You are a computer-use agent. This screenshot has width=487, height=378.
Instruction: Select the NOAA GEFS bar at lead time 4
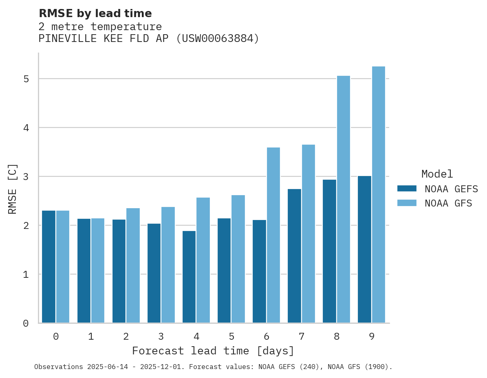[189, 277]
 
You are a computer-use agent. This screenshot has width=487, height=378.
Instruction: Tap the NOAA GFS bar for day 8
[344, 199]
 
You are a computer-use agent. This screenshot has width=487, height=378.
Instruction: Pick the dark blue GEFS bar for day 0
[48, 267]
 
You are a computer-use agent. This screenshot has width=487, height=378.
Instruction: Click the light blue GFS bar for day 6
[273, 235]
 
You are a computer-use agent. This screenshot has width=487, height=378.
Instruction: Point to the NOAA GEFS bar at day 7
[294, 256]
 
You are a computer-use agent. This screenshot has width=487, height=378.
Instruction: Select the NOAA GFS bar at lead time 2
[133, 266]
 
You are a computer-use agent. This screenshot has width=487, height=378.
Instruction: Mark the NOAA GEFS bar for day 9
[364, 249]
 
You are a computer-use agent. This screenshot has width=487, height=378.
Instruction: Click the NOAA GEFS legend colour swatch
[407, 189]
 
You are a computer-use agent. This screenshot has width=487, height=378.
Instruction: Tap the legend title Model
[437, 174]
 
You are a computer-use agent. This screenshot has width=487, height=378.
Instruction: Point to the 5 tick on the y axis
[26, 79]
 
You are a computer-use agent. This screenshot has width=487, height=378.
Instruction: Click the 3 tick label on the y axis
[26, 177]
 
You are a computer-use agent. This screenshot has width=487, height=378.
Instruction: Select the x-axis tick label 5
[231, 337]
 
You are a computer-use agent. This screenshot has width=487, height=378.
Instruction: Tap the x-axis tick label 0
[56, 337]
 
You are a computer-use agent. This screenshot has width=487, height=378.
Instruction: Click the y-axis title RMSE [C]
[13, 189]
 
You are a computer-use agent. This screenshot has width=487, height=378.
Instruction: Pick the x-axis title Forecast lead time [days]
[213, 351]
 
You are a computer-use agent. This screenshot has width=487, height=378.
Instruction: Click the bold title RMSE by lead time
[95, 13]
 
